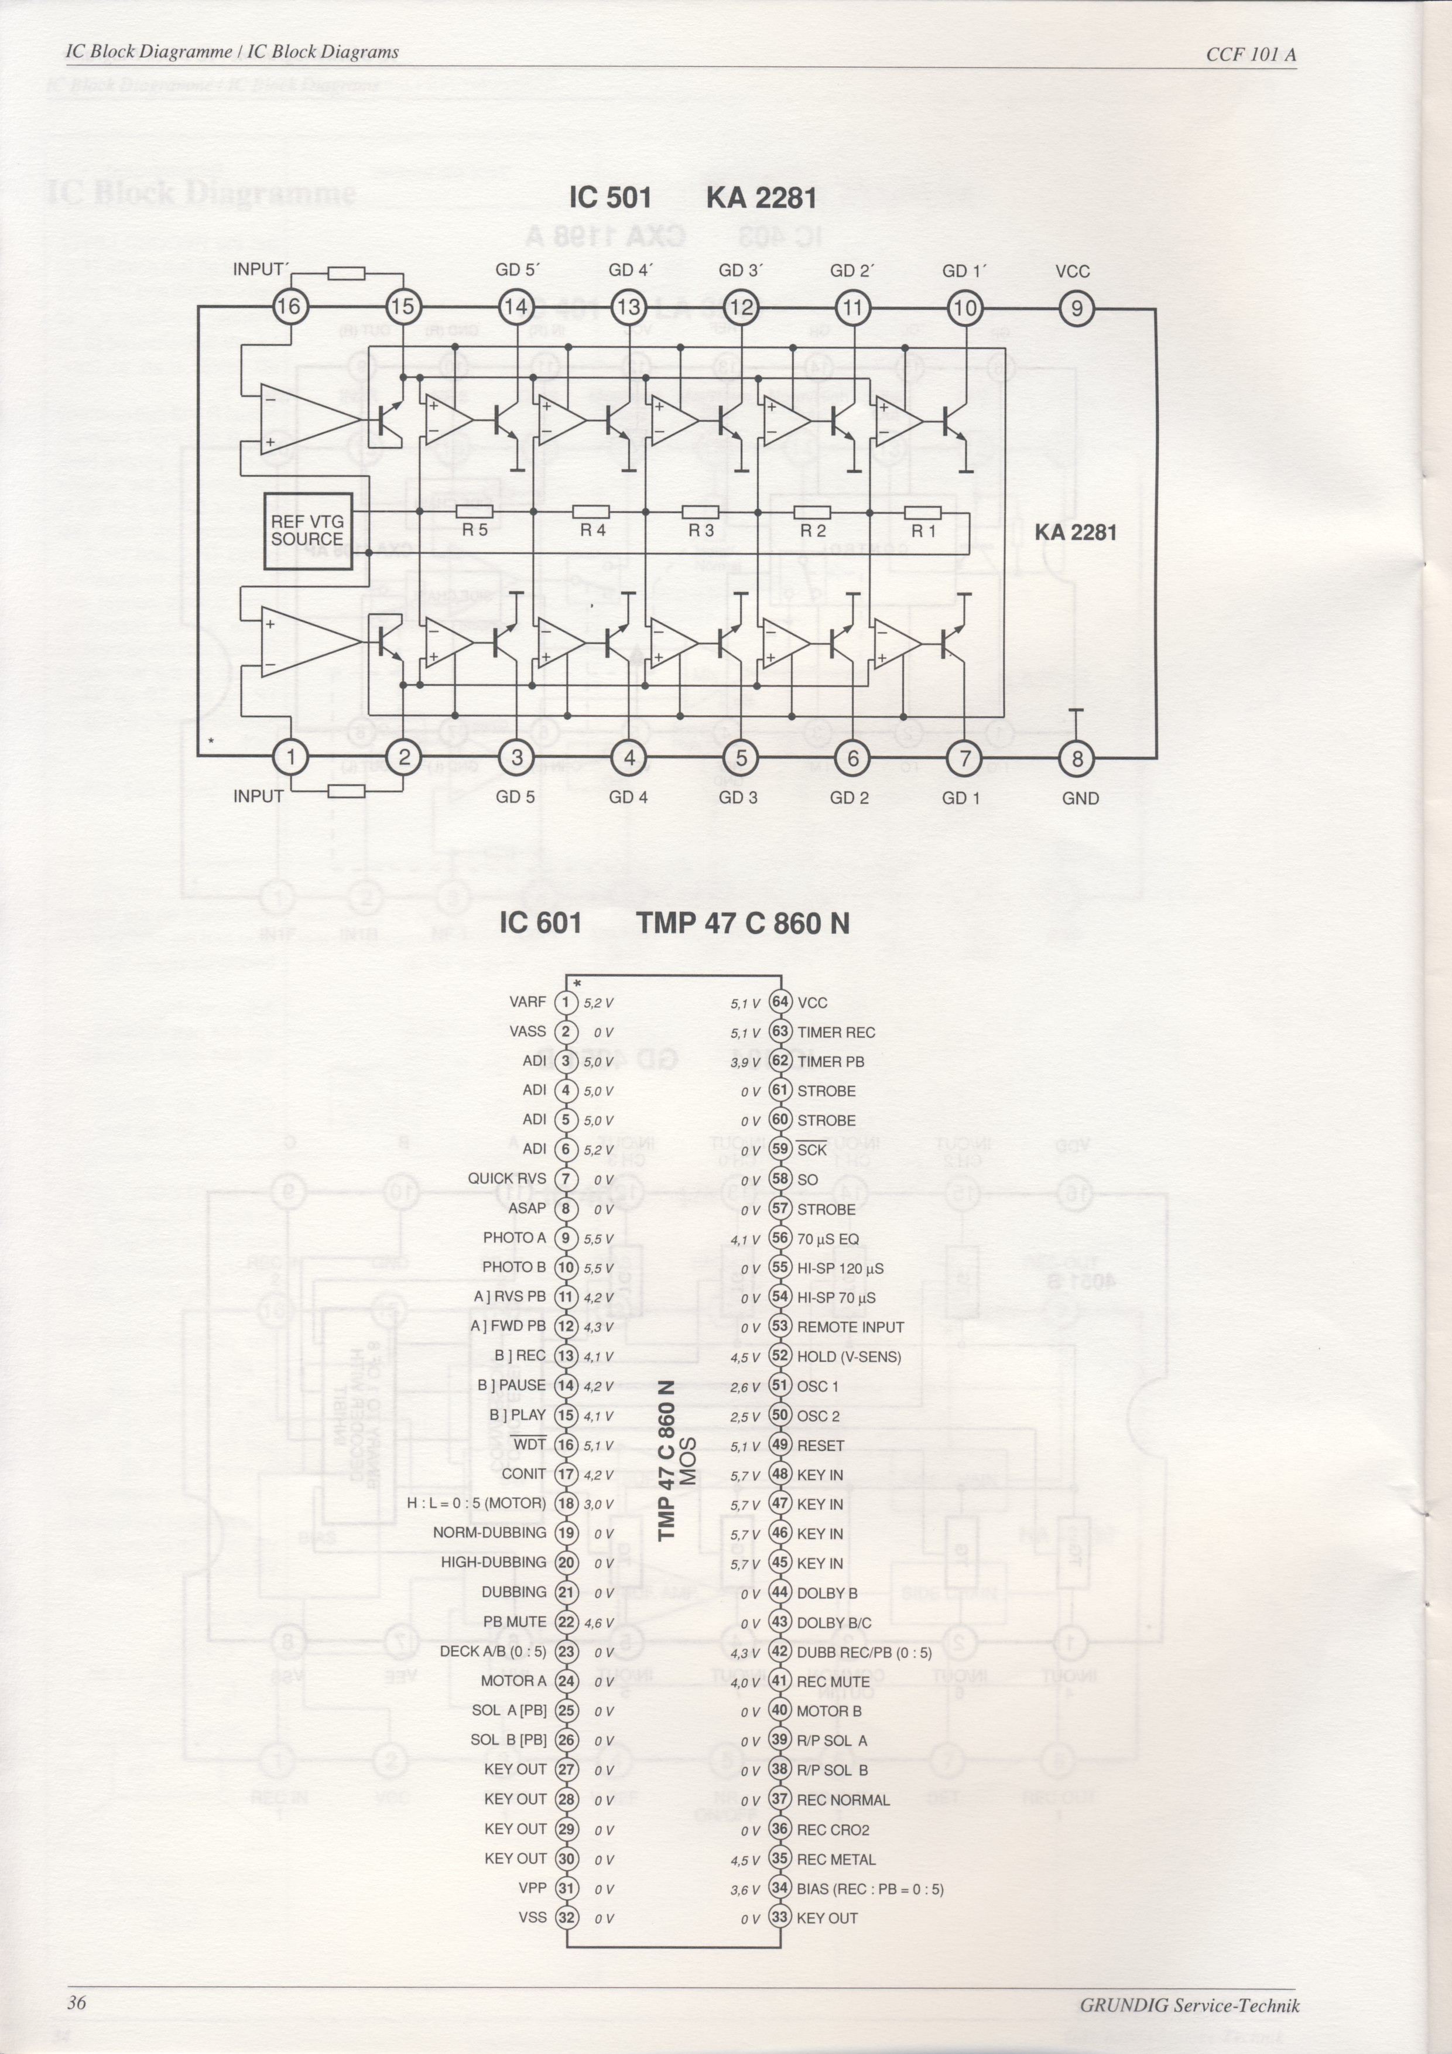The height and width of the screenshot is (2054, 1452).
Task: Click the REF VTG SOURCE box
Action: (307, 531)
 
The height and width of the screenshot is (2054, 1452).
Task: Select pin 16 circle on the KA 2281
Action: (289, 307)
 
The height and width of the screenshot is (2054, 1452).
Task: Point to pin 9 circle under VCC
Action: (1077, 309)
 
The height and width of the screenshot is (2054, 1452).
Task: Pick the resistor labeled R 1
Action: (923, 512)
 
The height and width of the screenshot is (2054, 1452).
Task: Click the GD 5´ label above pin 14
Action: (518, 270)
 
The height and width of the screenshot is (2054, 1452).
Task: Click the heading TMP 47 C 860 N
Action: (743, 922)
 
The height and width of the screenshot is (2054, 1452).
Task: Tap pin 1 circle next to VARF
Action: (566, 1003)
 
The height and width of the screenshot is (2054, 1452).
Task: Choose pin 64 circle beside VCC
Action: (780, 1003)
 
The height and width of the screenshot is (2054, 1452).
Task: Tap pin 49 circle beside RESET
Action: (780, 1445)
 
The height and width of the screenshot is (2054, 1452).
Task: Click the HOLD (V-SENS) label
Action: (848, 1357)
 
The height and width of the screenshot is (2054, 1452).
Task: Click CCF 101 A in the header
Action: (1251, 54)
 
